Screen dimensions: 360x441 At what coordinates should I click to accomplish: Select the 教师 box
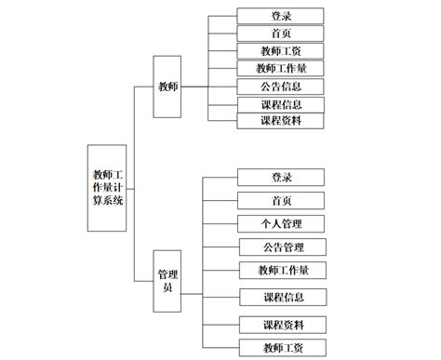click(x=167, y=87)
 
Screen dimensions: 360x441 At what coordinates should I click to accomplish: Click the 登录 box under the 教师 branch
click(x=281, y=16)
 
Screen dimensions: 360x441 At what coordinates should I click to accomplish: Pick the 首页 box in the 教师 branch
click(x=281, y=33)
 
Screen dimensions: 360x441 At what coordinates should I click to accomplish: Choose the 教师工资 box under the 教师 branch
click(x=281, y=51)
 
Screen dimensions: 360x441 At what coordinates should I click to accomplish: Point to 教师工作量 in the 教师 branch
click(x=281, y=69)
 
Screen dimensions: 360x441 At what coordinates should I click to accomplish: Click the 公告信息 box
click(x=281, y=87)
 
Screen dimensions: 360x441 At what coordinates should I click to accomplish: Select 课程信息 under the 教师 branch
click(x=281, y=104)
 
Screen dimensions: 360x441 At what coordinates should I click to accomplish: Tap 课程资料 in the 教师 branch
click(x=281, y=121)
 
